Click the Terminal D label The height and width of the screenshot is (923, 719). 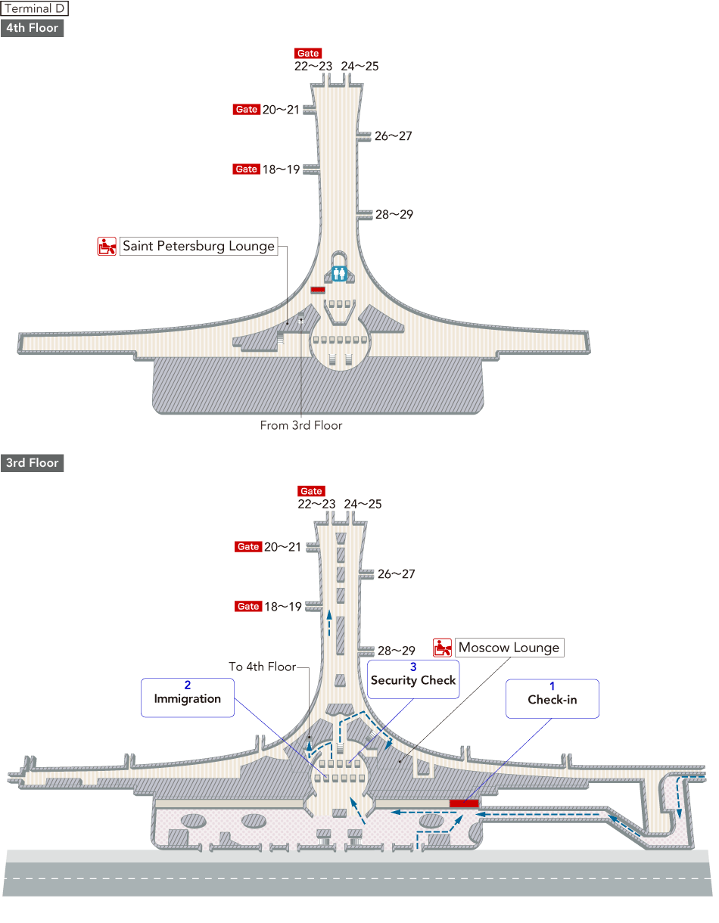pos(35,9)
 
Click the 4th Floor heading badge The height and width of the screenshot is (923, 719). pos(32,29)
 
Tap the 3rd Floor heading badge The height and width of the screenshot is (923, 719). pos(33,463)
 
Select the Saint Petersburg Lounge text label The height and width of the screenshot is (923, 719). pos(198,246)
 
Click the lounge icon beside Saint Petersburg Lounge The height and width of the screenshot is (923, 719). pos(107,246)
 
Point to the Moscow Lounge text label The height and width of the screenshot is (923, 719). pos(509,648)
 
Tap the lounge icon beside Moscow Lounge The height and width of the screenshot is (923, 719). pos(443,648)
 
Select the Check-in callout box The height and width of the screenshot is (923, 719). pos(552,698)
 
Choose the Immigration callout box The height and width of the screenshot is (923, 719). pos(187,698)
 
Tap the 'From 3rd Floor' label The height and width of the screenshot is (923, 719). pos(301,426)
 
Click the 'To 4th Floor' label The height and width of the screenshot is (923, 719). pos(262,667)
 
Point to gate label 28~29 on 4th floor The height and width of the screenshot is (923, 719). pos(394,215)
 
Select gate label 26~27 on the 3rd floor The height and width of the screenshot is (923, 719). pos(396,574)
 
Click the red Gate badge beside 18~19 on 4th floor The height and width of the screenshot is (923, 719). pos(247,169)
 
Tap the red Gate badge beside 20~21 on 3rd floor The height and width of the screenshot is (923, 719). pos(248,547)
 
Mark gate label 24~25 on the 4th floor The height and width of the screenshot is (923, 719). pos(359,67)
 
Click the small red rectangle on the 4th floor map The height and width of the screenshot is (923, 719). pos(318,290)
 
